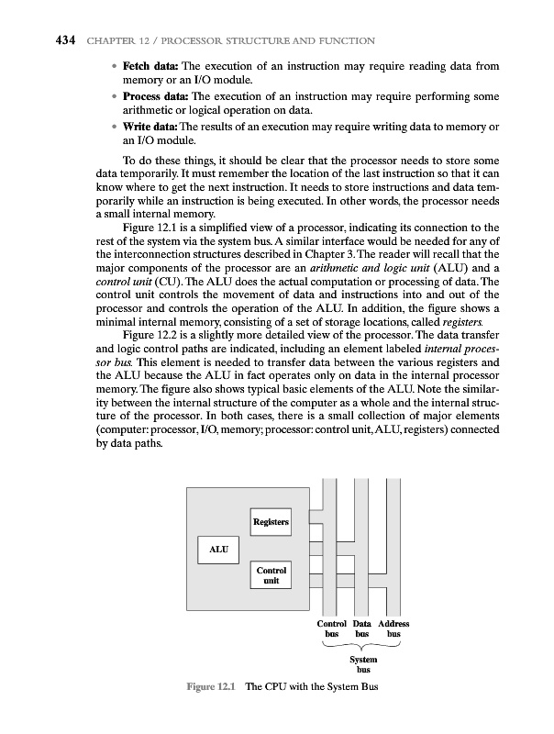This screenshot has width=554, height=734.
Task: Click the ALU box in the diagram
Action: point(217,550)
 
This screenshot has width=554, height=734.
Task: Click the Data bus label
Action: point(364,628)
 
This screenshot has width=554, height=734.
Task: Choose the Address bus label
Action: point(393,628)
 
